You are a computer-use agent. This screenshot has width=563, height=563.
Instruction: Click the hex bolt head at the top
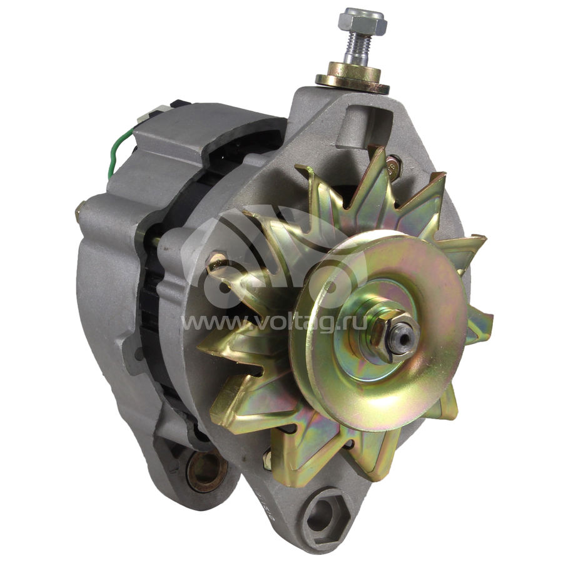[362, 21]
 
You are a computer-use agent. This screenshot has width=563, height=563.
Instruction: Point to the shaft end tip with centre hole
[405, 337]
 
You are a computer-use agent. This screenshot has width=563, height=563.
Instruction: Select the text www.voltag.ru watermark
[275, 322]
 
